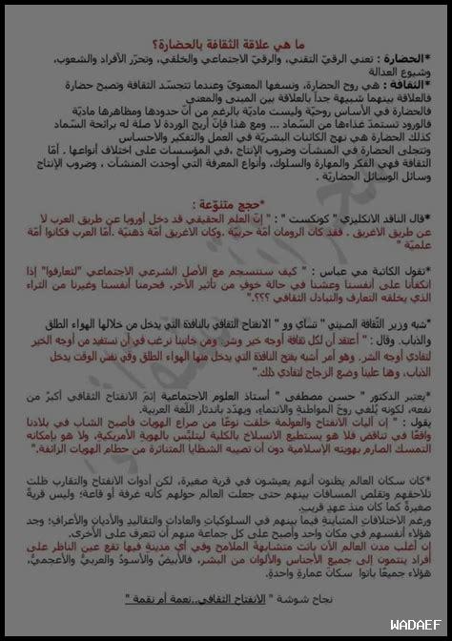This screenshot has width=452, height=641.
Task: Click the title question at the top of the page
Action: pos(226,40)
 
